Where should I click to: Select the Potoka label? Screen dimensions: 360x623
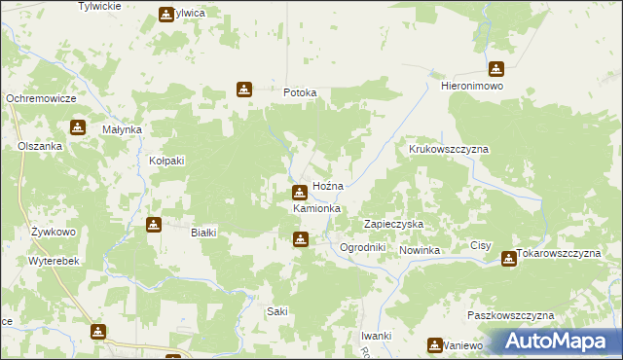point(300,93)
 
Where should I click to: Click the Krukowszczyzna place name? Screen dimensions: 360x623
point(448,150)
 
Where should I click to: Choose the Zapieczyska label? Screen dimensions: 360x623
point(393,224)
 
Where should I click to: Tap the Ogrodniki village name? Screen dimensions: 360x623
point(363,248)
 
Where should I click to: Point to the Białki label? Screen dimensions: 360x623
point(203,233)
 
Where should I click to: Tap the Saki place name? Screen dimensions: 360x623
point(277,311)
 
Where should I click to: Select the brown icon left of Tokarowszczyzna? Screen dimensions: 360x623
point(508,259)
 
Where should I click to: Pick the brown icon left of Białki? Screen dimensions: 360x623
point(154,226)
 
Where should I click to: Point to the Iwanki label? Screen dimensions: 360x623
point(376,336)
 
